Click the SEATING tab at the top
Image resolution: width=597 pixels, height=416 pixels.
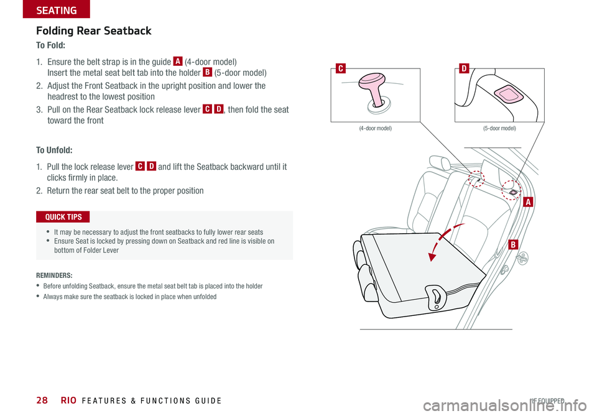(56, 9)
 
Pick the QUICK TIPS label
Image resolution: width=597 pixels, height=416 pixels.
(63, 217)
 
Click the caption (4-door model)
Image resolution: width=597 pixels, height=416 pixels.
(375, 128)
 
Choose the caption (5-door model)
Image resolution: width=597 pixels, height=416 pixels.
(499, 128)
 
